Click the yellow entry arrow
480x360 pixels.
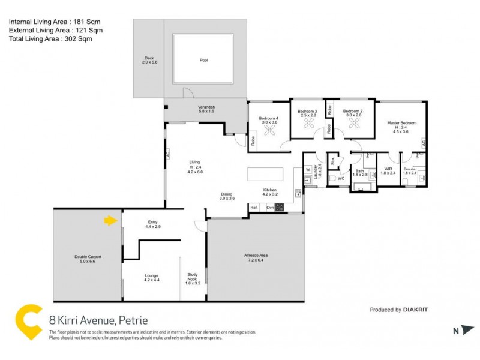110,221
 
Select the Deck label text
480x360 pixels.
148,60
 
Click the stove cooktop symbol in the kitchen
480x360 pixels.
280,207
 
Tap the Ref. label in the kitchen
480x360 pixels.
254,207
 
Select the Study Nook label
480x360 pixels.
193,277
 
